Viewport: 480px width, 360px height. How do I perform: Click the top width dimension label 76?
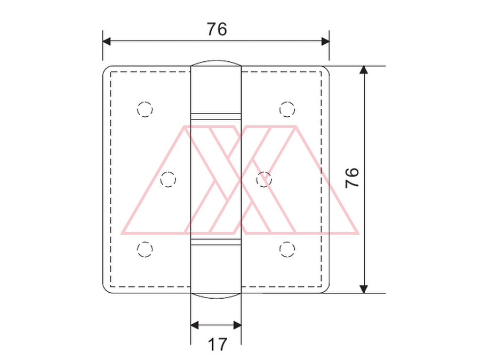(217, 29)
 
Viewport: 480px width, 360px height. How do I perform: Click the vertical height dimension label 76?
(352, 178)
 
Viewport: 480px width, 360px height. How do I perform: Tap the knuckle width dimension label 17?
(218, 344)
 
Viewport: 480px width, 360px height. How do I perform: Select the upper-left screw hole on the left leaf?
(145, 109)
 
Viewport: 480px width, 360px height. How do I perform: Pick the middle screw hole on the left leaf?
(168, 179)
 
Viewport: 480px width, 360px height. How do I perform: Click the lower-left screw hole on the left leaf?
(145, 249)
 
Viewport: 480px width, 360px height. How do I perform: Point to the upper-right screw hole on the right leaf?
(287, 109)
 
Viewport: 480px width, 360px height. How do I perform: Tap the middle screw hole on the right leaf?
(263, 179)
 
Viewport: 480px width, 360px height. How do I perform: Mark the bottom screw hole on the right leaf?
(287, 249)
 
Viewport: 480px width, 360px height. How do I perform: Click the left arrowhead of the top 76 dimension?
(107, 41)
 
